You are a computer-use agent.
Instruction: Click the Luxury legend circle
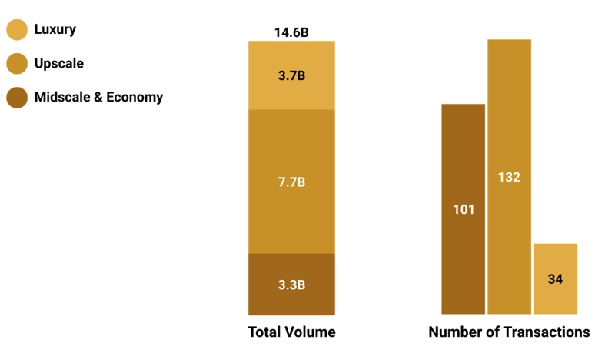pos(17,30)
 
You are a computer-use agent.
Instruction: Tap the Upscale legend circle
pos(17,64)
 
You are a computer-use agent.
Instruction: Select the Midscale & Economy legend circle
pos(17,98)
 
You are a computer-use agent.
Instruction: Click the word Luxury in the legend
pos(55,30)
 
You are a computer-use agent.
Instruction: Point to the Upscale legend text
pos(59,64)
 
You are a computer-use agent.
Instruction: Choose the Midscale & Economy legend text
pos(98,98)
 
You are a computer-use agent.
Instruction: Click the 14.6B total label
pos(291,32)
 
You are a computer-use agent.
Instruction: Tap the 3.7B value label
pos(291,75)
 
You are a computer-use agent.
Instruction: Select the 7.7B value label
pos(291,182)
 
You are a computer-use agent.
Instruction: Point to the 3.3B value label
pos(291,285)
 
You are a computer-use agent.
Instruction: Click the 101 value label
pos(464,209)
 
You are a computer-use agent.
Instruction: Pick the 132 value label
pos(509,177)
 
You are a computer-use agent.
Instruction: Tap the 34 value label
pos(555,279)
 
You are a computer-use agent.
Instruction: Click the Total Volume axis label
pos(291,332)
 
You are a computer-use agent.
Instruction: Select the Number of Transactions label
pos(509,332)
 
